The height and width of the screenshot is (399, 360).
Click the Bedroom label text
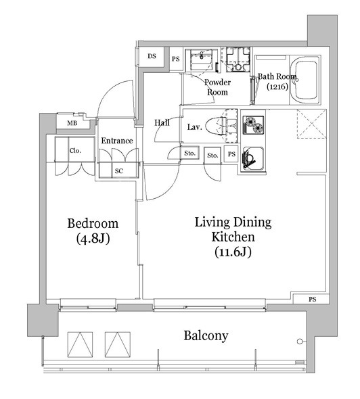93,224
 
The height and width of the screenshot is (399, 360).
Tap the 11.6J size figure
233,252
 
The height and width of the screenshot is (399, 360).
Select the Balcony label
206,335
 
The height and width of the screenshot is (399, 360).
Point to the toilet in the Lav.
217,126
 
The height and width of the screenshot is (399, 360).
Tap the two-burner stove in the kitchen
253,124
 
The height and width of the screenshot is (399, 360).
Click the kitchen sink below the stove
252,159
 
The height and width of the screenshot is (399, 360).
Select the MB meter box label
72,123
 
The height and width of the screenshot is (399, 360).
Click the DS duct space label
152,56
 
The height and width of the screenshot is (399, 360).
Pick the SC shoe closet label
119,171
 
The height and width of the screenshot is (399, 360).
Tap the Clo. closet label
75,151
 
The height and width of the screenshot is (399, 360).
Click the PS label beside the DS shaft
176,59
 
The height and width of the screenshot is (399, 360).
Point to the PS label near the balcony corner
313,300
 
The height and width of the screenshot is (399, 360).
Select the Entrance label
117,141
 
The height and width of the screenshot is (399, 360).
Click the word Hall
162,122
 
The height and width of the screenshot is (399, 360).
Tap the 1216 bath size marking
277,87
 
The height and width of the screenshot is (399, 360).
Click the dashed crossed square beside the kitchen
312,124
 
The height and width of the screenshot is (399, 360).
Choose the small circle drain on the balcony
300,342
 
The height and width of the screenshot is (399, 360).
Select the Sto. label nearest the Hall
189,154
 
